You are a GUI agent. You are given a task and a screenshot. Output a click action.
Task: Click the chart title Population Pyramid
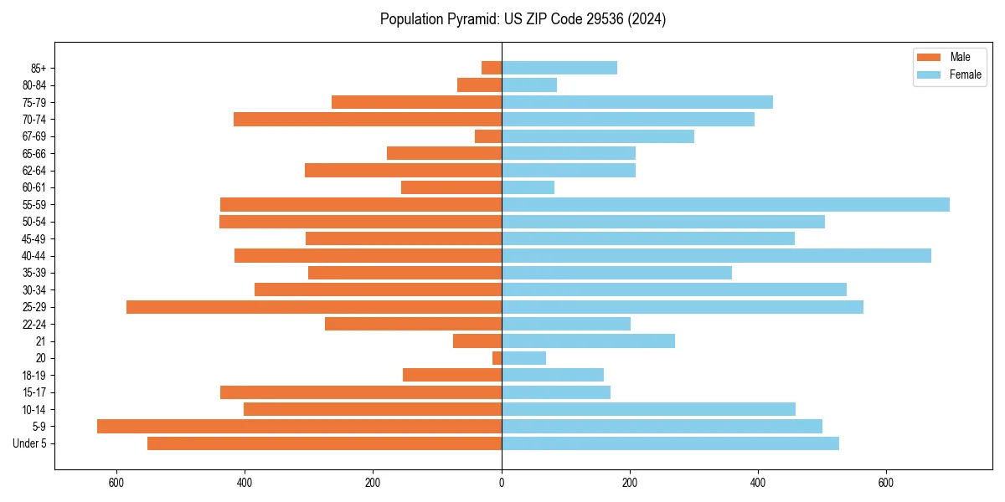click(523, 19)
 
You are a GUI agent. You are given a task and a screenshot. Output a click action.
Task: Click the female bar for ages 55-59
click(725, 204)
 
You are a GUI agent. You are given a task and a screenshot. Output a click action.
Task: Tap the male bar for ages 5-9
click(299, 426)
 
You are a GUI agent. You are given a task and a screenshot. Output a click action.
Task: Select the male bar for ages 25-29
click(314, 307)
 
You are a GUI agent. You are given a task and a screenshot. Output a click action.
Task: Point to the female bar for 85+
click(559, 68)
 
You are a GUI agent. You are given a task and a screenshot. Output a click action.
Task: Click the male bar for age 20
click(497, 358)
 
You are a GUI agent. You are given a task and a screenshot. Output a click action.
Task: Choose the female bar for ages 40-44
click(716, 255)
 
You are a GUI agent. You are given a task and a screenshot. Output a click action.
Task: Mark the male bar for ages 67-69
click(488, 136)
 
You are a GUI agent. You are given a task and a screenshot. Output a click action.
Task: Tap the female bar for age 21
click(588, 341)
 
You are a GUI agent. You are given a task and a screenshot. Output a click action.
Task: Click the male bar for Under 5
click(324, 443)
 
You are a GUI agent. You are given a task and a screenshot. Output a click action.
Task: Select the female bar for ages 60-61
click(528, 187)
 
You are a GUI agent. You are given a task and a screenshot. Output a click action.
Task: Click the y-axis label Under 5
click(29, 443)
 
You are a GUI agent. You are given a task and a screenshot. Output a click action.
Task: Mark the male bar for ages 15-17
click(361, 392)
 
